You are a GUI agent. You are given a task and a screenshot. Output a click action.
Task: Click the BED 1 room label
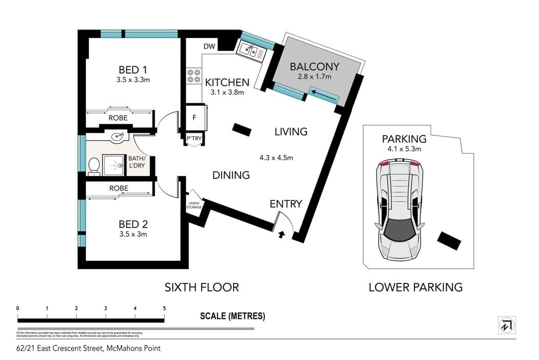(133, 70)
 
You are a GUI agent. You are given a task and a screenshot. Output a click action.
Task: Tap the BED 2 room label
(133, 224)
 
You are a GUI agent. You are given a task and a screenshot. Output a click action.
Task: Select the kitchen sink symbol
(251, 50)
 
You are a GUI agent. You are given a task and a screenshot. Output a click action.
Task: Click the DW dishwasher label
(209, 47)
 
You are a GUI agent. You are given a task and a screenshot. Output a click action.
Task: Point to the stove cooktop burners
(194, 76)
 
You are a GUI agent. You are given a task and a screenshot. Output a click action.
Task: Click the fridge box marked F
(194, 117)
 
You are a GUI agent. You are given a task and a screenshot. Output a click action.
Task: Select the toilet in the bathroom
(93, 166)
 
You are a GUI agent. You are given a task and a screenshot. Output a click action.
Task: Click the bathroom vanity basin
(118, 137)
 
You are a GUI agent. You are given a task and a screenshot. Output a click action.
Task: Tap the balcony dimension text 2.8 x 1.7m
(314, 77)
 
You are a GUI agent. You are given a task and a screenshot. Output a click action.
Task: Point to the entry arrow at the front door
(281, 235)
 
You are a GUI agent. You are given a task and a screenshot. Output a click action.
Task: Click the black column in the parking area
(448, 241)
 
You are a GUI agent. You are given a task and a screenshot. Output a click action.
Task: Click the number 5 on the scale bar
(164, 308)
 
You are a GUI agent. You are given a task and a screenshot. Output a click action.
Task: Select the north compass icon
(507, 325)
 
